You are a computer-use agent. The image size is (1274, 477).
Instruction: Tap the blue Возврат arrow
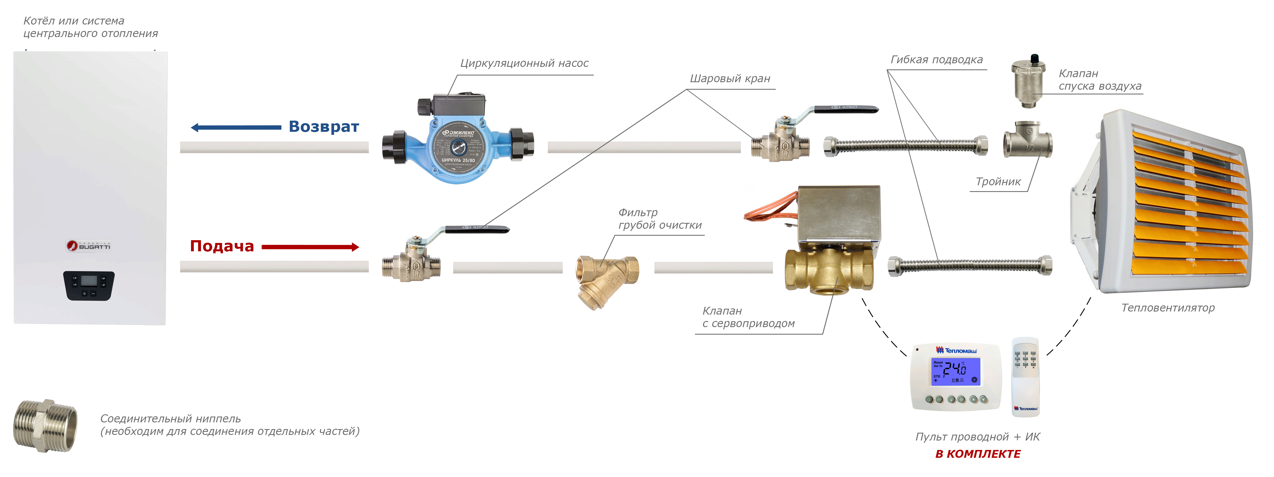click(x=236, y=128)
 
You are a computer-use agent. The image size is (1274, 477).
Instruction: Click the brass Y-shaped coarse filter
click(x=606, y=279)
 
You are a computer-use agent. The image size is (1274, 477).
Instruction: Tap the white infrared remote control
click(x=1025, y=377)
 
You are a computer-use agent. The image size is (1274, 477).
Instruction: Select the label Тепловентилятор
click(x=1168, y=308)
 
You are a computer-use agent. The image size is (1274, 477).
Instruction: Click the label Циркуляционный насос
click(x=524, y=63)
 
